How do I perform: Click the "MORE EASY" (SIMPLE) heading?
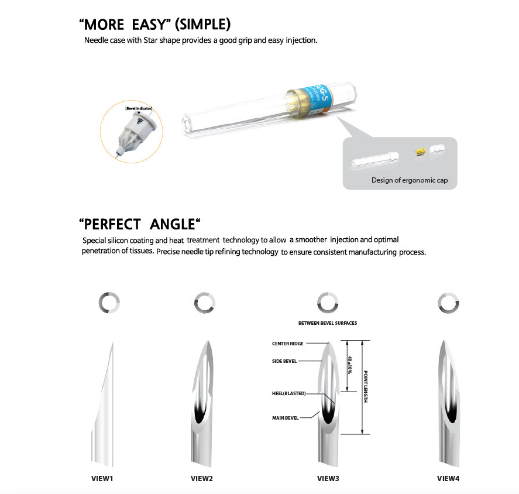click(x=154, y=25)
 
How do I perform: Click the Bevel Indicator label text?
click(x=135, y=109)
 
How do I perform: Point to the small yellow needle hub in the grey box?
click(x=419, y=152)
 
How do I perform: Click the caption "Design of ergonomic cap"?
click(x=410, y=180)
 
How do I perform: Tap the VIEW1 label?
click(x=102, y=478)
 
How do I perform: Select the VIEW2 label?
click(x=202, y=478)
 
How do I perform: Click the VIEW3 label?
click(x=328, y=478)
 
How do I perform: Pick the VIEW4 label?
click(x=448, y=478)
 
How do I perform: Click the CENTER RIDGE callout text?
click(x=288, y=344)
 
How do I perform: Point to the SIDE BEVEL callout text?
click(x=285, y=361)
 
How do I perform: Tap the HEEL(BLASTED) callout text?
click(x=288, y=393)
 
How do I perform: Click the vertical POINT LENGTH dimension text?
click(x=365, y=386)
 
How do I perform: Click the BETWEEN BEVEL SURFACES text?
click(x=328, y=323)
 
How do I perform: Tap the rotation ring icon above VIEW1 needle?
click(x=109, y=303)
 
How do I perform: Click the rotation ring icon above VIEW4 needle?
click(x=448, y=303)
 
